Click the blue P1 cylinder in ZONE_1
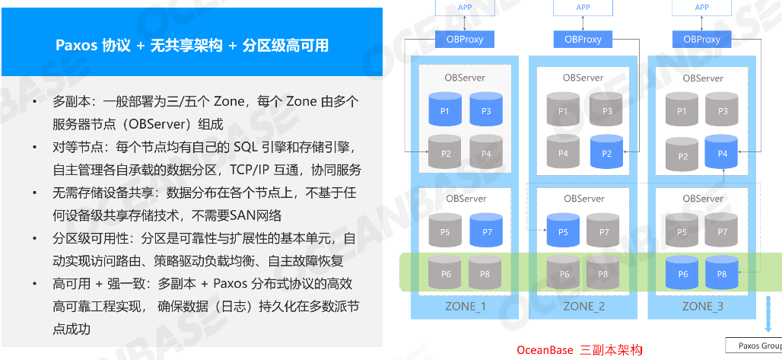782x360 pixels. [445, 111]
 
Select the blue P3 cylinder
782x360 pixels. [486, 111]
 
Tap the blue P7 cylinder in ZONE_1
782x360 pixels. [486, 231]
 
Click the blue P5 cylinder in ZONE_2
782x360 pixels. [564, 231]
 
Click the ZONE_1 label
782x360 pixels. [464, 307]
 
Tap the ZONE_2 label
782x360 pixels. [583, 307]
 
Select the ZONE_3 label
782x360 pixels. [702, 307]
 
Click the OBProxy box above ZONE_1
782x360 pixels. [464, 39]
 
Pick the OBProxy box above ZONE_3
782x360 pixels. [702, 39]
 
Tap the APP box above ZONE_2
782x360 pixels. [583, 8]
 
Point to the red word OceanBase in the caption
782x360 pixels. [544, 350]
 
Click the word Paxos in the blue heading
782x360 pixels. [76, 46]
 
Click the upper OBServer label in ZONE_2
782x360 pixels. [583, 78]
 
